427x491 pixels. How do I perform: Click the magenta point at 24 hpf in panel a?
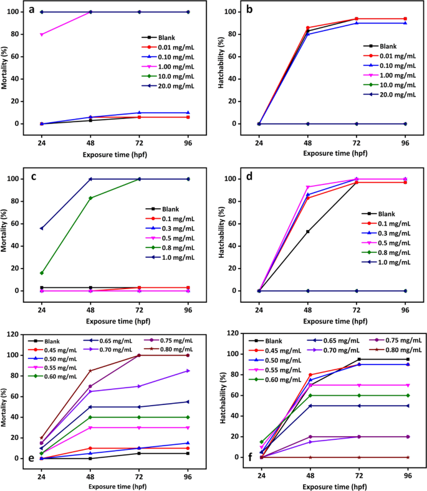coord(41,34)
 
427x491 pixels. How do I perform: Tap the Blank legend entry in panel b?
coord(388,46)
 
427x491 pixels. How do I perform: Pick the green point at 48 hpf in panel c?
coord(91,198)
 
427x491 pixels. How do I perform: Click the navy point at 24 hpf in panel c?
coord(41,228)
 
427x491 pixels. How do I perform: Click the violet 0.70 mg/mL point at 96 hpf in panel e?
coord(189,371)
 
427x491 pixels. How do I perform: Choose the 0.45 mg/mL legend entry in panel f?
coord(277,350)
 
